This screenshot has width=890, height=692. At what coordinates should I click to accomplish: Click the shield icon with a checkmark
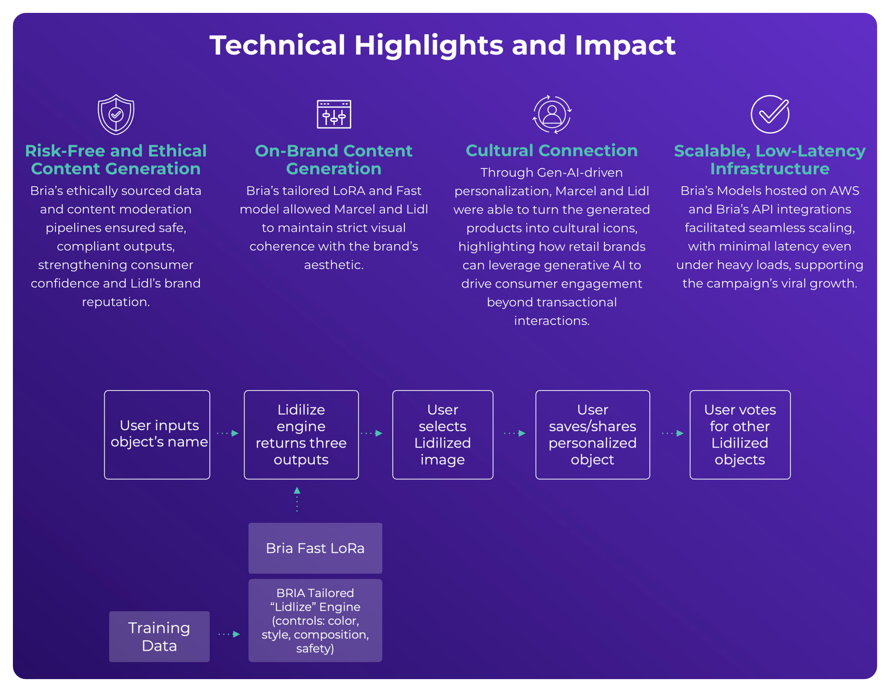(116, 114)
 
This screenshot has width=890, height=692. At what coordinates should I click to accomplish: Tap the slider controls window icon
(334, 114)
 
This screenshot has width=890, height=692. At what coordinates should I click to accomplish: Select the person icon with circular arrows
(552, 114)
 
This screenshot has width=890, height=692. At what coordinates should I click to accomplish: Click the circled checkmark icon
(770, 114)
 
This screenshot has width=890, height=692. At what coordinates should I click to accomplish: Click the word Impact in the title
(625, 45)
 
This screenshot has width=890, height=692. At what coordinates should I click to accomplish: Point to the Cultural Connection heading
(552, 151)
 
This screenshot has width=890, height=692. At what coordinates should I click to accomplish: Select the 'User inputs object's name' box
(157, 435)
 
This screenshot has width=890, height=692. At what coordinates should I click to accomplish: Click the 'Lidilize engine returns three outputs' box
(301, 435)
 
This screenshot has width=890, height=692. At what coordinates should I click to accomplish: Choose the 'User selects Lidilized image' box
(443, 435)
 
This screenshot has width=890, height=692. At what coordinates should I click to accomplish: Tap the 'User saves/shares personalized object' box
(593, 435)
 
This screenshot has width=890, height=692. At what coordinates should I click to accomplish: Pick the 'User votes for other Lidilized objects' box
(740, 435)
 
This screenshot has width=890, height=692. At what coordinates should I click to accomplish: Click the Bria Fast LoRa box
(315, 548)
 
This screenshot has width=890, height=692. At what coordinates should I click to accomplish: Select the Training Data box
(159, 636)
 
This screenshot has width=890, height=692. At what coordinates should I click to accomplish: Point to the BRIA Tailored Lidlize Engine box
(315, 620)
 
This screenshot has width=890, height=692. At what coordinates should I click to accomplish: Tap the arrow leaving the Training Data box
(229, 634)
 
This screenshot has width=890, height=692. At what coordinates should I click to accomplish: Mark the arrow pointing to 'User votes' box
(672, 433)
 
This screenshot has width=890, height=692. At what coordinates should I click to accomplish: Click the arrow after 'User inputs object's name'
(227, 433)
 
